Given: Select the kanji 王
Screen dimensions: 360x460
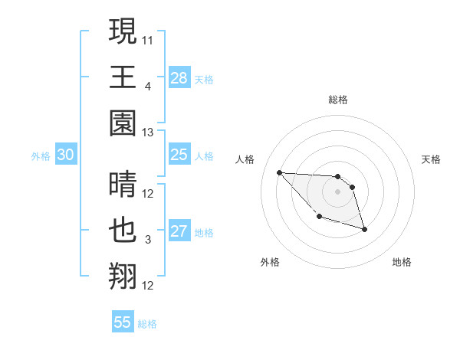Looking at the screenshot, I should (x=123, y=77).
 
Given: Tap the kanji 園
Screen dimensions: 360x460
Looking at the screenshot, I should (x=123, y=123).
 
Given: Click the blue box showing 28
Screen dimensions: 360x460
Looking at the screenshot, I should (x=179, y=77).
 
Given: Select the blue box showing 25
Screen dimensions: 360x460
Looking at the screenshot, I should (x=179, y=155).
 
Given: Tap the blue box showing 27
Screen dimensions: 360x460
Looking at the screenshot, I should (x=179, y=231).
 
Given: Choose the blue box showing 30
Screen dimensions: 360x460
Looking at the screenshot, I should (x=65, y=155).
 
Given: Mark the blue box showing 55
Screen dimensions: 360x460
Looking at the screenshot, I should (x=123, y=322).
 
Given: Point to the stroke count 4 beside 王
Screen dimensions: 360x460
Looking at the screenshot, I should (x=149, y=86).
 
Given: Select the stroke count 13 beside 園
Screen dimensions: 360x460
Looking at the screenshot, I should (x=149, y=132).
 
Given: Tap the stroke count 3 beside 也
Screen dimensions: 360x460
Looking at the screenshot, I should (x=149, y=240).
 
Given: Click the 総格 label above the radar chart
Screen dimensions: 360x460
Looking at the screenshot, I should (x=337, y=100).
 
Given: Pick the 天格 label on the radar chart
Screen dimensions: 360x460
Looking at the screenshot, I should (x=432, y=159).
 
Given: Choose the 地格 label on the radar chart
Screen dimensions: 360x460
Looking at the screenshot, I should (x=402, y=262).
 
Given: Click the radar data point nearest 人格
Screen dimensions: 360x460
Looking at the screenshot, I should (x=279, y=172).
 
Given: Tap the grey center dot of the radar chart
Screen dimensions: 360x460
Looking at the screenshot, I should (x=337, y=191).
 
